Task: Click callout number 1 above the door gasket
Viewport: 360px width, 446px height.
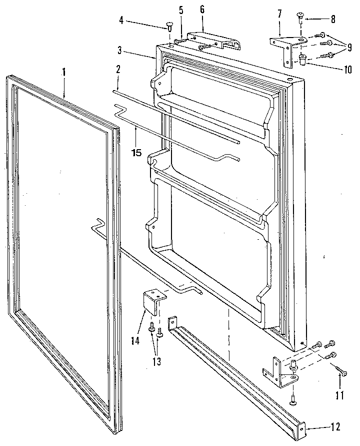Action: pyautogui.click(x=64, y=72)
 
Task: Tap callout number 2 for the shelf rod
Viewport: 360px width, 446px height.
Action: pyautogui.click(x=118, y=70)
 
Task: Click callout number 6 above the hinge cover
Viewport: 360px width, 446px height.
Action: pyautogui.click(x=202, y=10)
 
